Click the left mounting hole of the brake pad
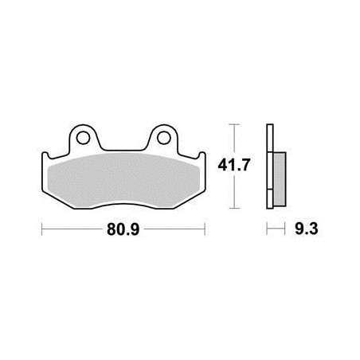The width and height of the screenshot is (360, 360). (83, 138)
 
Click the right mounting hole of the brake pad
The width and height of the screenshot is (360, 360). (163, 138)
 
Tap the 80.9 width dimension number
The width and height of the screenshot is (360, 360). (123, 229)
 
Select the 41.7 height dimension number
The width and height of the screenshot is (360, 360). (234, 165)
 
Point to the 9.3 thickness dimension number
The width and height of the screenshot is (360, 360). (307, 229)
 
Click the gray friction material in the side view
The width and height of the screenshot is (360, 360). (279, 179)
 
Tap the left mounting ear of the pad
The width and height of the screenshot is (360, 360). (83, 137)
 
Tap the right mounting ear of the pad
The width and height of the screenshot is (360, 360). (163, 137)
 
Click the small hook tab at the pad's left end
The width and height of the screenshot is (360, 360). (45, 156)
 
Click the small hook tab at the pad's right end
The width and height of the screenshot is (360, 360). (202, 156)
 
